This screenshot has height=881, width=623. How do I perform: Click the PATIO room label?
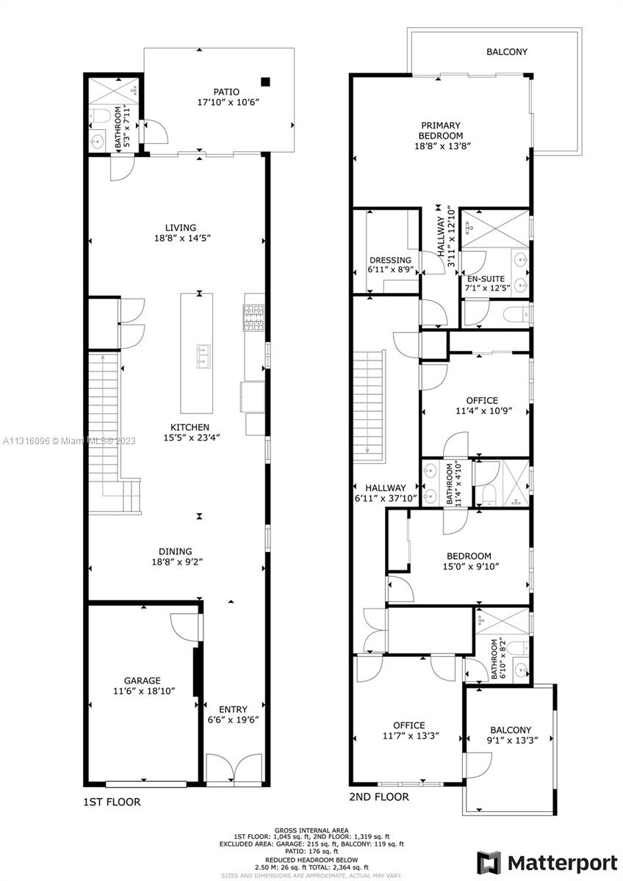click(226, 92)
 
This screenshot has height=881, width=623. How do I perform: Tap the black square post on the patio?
click(266, 81)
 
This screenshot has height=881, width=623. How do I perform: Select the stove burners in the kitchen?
click(254, 318)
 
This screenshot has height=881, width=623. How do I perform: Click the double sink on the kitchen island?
click(204, 355)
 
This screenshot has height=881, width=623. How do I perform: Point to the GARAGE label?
click(143, 681)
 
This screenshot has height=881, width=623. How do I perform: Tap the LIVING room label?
click(181, 228)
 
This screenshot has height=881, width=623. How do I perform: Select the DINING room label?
click(176, 551)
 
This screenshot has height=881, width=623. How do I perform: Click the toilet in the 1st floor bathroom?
click(101, 115)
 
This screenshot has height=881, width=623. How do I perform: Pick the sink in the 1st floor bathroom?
click(97, 139)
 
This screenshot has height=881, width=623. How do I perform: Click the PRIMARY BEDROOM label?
click(441, 131)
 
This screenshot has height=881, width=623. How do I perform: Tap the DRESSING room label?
click(390, 260)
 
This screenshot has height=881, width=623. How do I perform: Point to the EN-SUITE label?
click(486, 279)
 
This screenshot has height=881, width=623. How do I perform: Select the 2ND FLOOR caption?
click(379, 797)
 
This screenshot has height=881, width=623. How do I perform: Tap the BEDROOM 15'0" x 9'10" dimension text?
click(471, 566)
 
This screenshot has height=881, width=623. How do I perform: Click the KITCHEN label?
click(190, 427)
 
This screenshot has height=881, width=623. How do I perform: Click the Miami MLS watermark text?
click(69, 441)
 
